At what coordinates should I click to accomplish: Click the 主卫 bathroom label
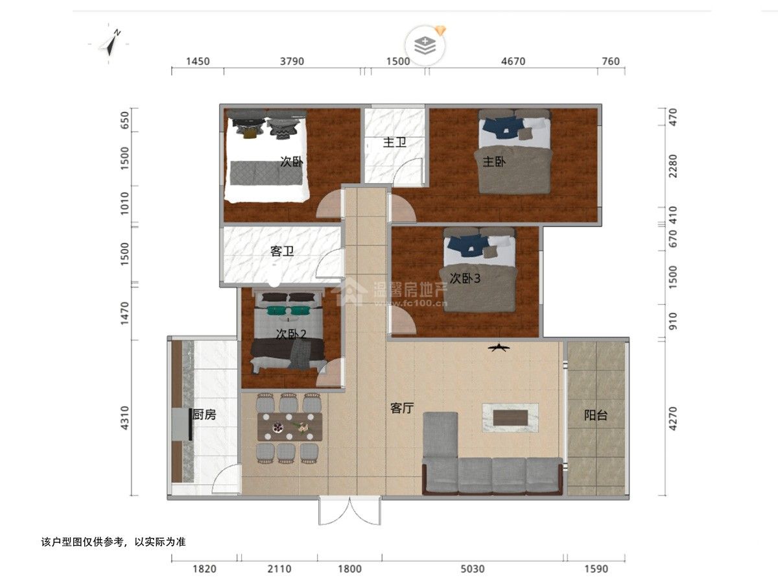(394, 143)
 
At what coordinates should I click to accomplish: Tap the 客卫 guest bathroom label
(282, 251)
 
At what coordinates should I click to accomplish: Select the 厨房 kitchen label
(204, 415)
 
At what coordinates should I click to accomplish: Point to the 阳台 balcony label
(596, 415)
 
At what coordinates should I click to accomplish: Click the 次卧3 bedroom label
(465, 279)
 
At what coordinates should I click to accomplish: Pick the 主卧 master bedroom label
(494, 162)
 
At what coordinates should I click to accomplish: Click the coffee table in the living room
(510, 418)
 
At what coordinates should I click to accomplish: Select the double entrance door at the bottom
(350, 511)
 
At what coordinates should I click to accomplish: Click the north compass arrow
(111, 44)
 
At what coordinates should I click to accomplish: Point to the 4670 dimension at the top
(513, 62)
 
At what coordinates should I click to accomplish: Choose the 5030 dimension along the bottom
(472, 569)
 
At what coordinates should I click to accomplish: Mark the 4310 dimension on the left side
(124, 419)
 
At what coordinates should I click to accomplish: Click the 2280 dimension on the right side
(672, 166)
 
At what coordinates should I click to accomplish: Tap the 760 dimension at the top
(611, 62)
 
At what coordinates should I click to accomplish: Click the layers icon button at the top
(425, 45)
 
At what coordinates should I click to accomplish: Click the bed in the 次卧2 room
(289, 333)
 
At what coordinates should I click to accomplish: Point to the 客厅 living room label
(402, 409)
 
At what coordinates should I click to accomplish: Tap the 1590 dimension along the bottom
(596, 569)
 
